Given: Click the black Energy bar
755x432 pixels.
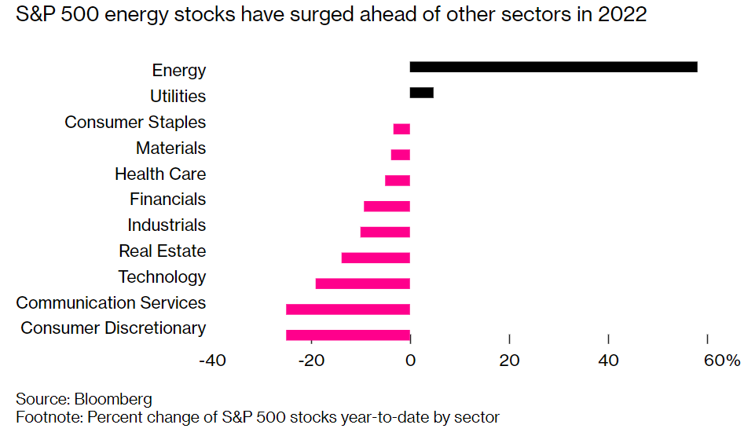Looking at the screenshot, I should coord(553,67).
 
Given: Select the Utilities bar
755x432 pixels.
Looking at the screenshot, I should coord(421,93).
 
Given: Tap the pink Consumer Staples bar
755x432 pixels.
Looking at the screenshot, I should coord(401,129).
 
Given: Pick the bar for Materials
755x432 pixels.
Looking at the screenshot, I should coord(401,155).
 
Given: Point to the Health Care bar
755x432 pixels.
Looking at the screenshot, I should coord(398,181).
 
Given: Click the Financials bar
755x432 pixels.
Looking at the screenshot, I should coord(387,207).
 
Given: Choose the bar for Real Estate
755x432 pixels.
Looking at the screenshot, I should coord(376,258).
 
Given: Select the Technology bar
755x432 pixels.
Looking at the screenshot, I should coord(362,284).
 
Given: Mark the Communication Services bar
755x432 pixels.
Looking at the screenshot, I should coord(348,309).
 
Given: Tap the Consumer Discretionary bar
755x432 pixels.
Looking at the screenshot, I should coord(348,335).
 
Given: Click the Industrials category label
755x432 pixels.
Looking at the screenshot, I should coord(167,225).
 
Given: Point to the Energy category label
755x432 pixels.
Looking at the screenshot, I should coord(179,71).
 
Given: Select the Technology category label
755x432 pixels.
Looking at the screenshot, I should coord(162,277).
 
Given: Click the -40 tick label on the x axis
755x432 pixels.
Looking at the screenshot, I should coord(212,361).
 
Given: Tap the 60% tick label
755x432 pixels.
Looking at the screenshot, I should coord(722,361).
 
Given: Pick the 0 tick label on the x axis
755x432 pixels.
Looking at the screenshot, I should coord(410,361).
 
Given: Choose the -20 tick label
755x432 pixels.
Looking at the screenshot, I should coord(311,361).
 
